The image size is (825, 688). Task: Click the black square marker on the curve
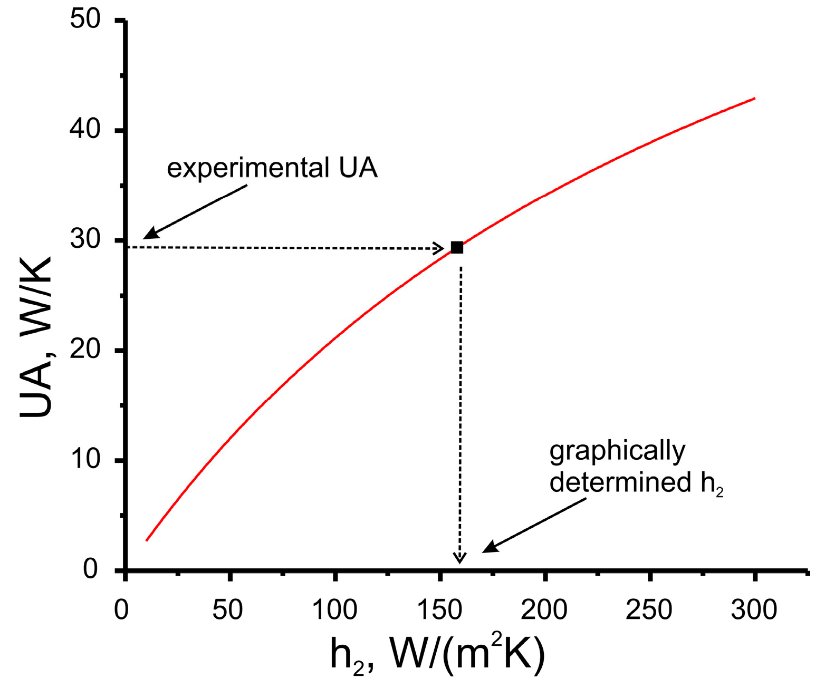(457, 247)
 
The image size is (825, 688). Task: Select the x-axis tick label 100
(334, 610)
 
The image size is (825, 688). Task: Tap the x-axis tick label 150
(439, 610)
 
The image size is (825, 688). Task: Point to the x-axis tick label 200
(544, 610)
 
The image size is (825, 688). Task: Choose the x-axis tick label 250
(649, 610)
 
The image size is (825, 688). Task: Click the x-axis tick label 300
(754, 610)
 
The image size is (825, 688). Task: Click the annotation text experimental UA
(272, 169)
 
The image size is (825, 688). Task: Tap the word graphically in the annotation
(617, 452)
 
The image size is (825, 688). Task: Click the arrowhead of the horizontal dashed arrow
(439, 248)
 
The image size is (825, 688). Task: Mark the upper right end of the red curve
(754, 99)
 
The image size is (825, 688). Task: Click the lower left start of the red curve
(147, 540)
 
